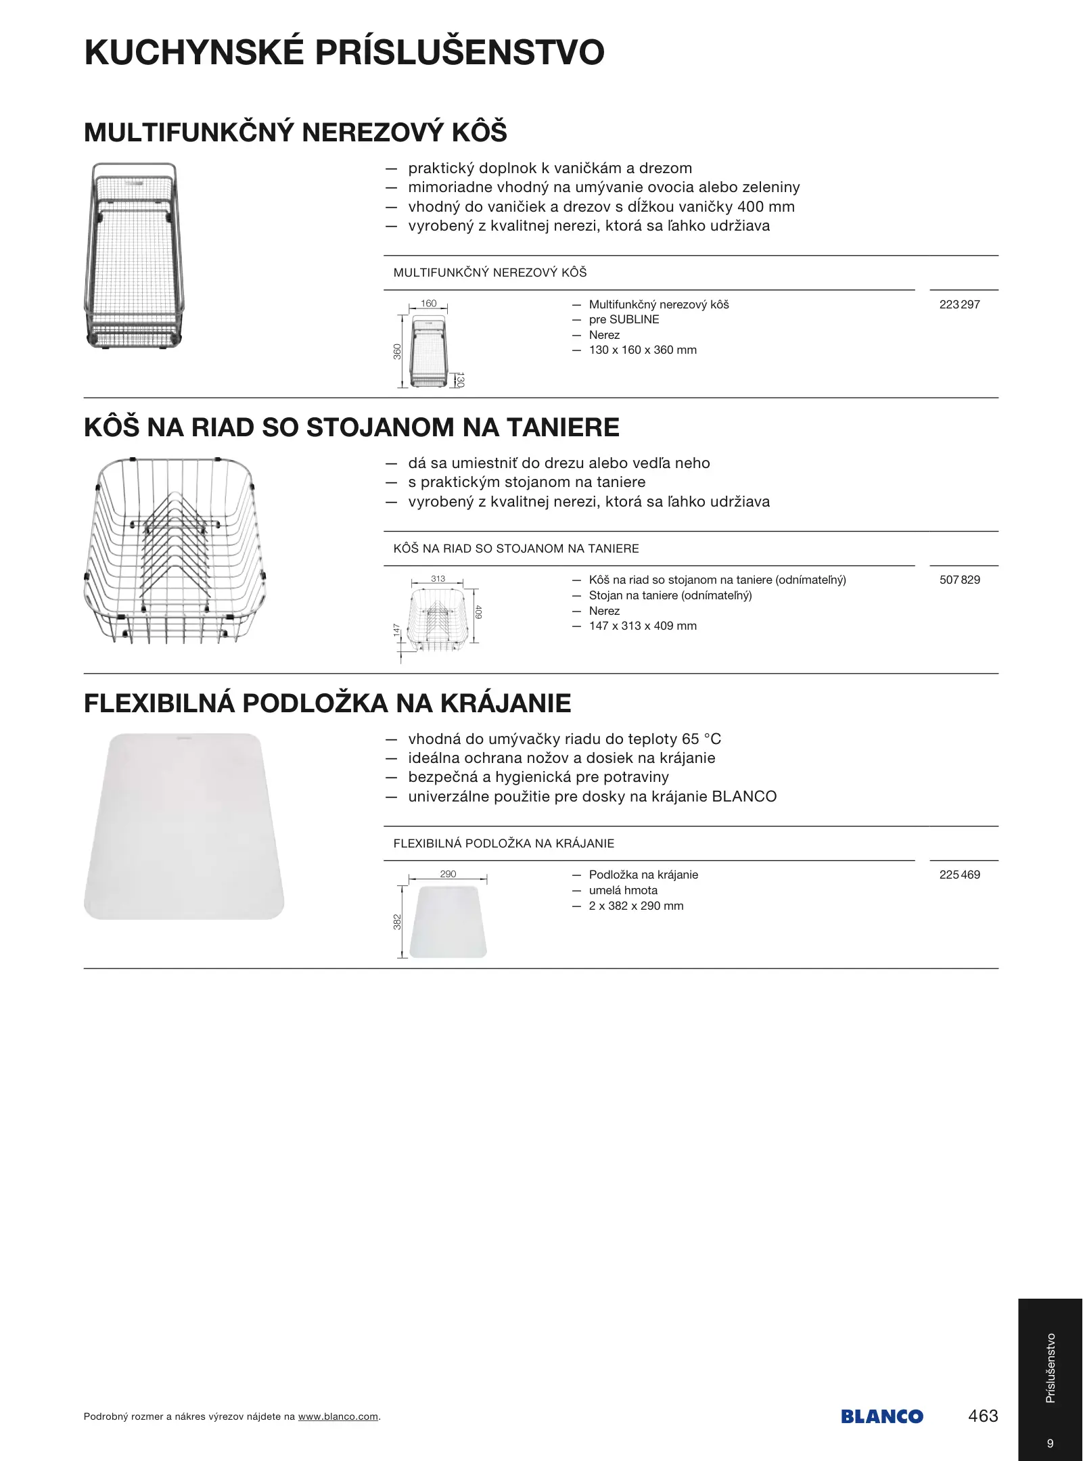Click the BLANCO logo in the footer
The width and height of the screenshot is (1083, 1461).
pyautogui.click(x=881, y=1416)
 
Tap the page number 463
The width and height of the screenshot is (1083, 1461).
pyautogui.click(x=983, y=1416)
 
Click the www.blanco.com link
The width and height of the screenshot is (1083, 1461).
pyautogui.click(x=338, y=1417)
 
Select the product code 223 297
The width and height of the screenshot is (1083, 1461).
pyautogui.click(x=959, y=304)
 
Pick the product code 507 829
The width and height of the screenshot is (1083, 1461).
pyautogui.click(x=959, y=580)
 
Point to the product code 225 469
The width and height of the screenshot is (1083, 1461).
pyautogui.click(x=959, y=875)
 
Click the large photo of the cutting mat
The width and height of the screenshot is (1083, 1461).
pyautogui.click(x=183, y=826)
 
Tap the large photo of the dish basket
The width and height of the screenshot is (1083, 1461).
pyautogui.click(x=175, y=549)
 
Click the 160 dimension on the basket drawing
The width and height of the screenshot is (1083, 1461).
pyautogui.click(x=429, y=304)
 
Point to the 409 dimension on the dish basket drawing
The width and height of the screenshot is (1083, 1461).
pyautogui.click(x=478, y=612)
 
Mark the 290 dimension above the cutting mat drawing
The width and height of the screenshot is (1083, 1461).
pyautogui.click(x=448, y=874)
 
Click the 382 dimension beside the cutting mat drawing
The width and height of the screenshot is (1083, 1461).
pyautogui.click(x=398, y=921)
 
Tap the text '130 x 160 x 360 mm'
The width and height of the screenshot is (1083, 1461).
pyautogui.click(x=642, y=350)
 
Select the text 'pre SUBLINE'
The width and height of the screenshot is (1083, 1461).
pyautogui.click(x=624, y=319)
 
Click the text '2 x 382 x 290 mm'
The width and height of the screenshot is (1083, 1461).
pyautogui.click(x=636, y=906)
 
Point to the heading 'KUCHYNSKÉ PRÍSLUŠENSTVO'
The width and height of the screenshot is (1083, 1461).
pyautogui.click(x=344, y=53)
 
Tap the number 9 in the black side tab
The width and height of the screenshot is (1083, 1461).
pyautogui.click(x=1051, y=1443)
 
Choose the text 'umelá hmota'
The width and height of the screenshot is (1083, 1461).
pyautogui.click(x=623, y=890)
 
